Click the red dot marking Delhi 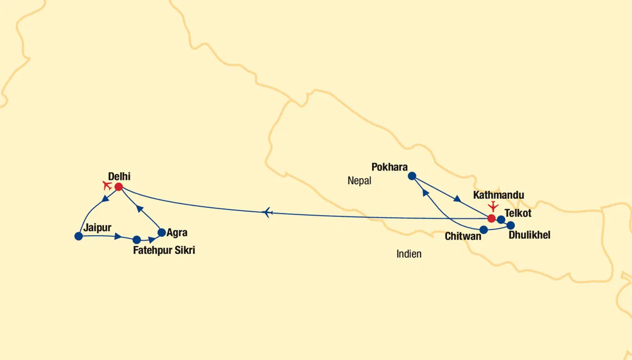coord(118,187)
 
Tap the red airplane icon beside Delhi coord(107,185)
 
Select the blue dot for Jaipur coord(79,236)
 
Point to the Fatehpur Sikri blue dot coord(136,240)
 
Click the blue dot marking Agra coord(162,233)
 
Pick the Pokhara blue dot coord(412,176)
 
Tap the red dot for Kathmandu coord(492,218)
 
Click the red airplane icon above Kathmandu coord(494,205)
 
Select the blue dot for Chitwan coord(484,230)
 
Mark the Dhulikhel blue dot coord(510,225)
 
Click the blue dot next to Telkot coord(501,220)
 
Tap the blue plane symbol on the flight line coord(267,212)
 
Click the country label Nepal coord(359,180)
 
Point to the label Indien coord(409,254)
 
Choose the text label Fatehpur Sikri coord(164,251)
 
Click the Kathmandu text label coord(499,195)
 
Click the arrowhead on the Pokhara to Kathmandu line coord(457,199)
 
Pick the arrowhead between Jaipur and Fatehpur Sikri coord(118,237)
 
